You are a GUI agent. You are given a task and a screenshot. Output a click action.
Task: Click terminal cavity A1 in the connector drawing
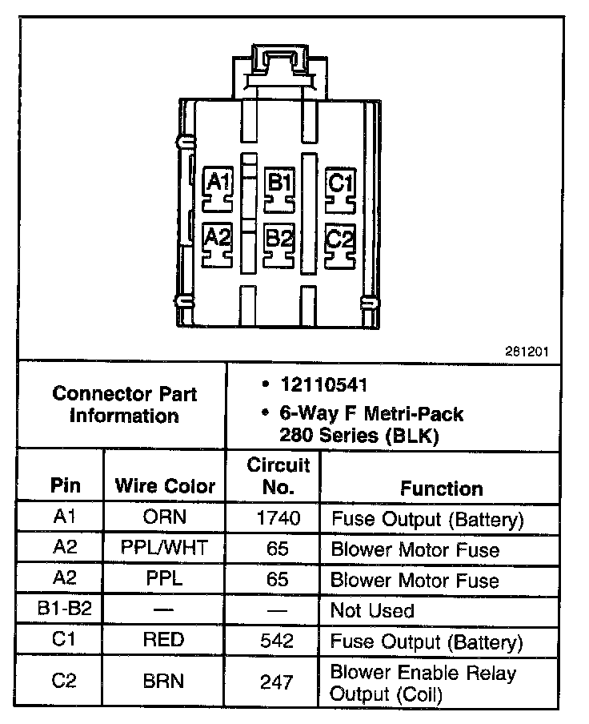[218, 183]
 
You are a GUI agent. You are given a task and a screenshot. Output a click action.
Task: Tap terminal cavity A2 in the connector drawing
[218, 237]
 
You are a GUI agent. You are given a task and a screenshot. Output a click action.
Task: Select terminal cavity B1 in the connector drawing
[278, 183]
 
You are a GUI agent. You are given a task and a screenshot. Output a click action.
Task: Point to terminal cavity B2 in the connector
[278, 239]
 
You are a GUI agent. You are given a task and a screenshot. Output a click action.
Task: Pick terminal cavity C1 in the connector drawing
[340, 183]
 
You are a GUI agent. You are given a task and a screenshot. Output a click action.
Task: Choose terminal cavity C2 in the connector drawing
[340, 239]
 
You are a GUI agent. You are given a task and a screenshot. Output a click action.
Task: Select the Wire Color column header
[165, 486]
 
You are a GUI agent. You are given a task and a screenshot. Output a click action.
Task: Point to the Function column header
[442, 488]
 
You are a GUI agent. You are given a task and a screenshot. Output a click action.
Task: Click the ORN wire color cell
[164, 519]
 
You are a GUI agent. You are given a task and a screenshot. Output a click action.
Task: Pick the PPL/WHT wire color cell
[164, 549]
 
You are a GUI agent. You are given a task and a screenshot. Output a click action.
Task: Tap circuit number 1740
[278, 519]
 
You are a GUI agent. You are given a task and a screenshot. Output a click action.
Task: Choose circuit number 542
[278, 641]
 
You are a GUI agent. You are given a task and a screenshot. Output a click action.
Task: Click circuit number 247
[278, 682]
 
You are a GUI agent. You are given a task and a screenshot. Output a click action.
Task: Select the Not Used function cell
[372, 611]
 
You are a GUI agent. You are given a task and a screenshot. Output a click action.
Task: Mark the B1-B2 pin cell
[65, 609]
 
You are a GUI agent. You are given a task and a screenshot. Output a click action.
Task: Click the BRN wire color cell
[164, 682]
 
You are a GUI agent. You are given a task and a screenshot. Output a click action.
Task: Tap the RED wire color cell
[164, 641]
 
